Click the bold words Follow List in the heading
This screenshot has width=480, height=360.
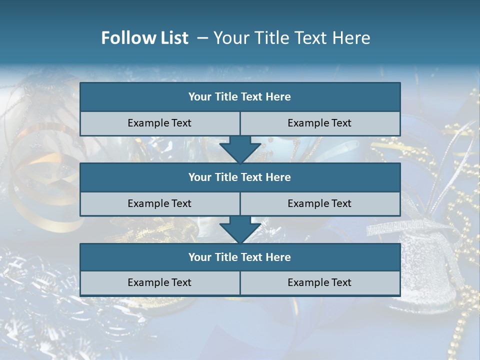(x=144, y=38)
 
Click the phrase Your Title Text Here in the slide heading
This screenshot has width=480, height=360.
(x=291, y=38)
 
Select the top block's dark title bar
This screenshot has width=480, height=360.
(x=240, y=97)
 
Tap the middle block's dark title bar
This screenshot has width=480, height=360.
(x=240, y=177)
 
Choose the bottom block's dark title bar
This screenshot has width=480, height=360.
(x=240, y=257)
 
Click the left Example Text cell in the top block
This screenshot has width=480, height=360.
(x=159, y=123)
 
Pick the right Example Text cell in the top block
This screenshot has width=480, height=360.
(x=319, y=123)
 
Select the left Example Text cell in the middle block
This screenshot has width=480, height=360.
(x=159, y=203)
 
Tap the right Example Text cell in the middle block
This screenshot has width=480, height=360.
(x=319, y=203)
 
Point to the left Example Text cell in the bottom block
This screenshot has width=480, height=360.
(x=159, y=282)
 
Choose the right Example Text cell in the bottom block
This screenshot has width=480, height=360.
(x=319, y=282)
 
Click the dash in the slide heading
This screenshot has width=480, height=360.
(x=202, y=38)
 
